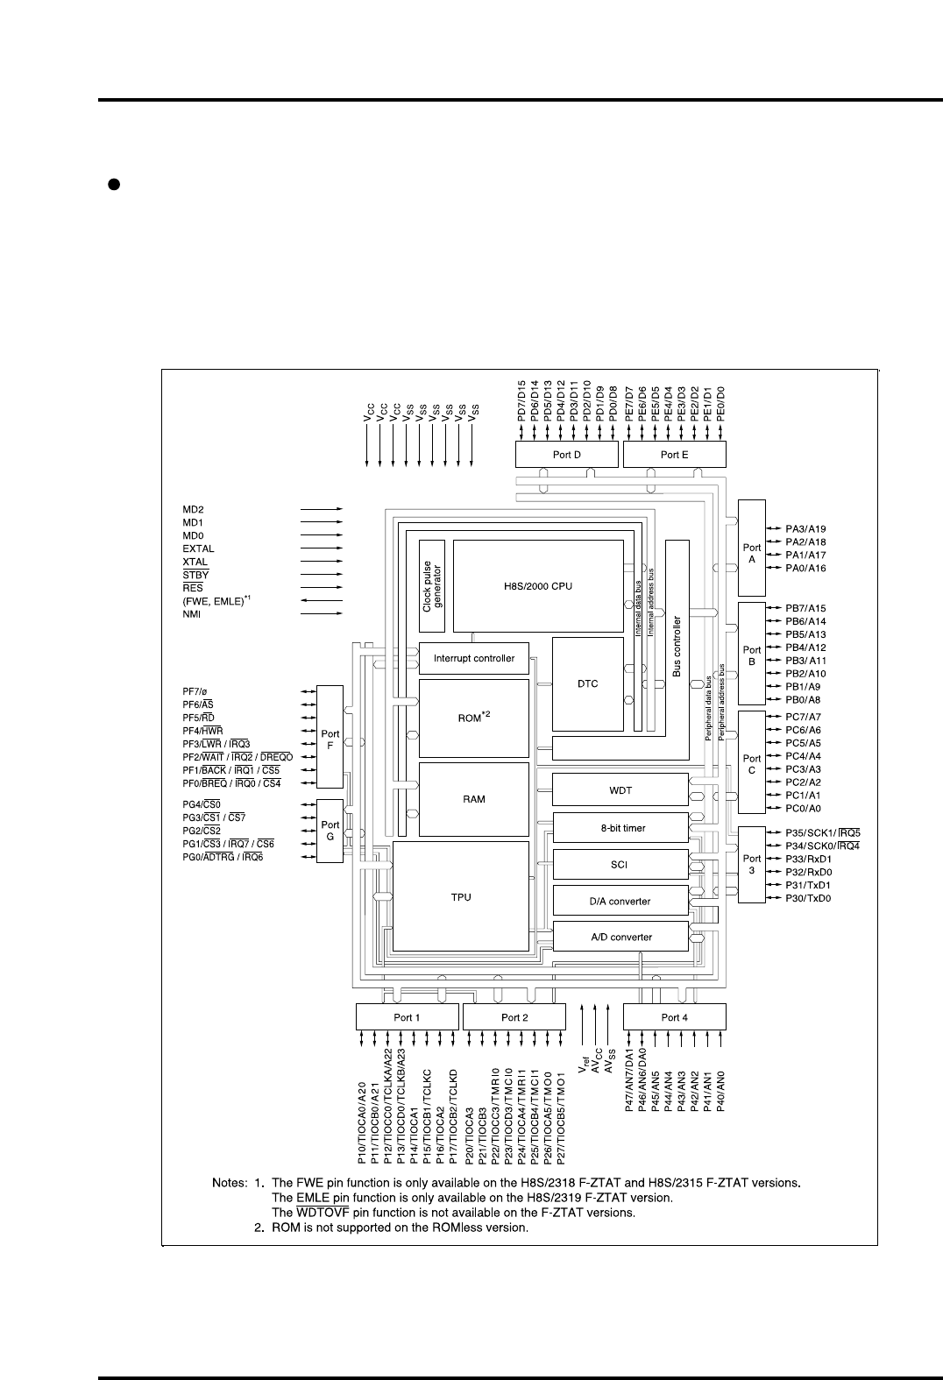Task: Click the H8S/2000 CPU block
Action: click(x=538, y=586)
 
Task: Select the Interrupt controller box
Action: click(x=474, y=659)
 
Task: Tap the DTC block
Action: click(x=587, y=683)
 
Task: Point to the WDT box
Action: click(x=620, y=790)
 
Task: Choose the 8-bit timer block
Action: click(x=620, y=828)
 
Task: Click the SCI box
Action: click(x=620, y=864)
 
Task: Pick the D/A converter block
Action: click(x=620, y=901)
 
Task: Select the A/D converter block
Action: click(x=620, y=937)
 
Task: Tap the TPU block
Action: click(x=461, y=897)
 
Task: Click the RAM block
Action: click(x=474, y=799)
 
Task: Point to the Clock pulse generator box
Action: click(x=432, y=586)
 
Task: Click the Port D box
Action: click(x=567, y=455)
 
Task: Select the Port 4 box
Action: click(x=674, y=1017)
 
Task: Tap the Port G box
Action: click(x=330, y=832)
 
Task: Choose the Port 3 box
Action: click(x=752, y=864)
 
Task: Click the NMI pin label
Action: click(x=192, y=614)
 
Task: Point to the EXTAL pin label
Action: click(x=198, y=548)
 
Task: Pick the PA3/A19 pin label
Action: click(x=805, y=528)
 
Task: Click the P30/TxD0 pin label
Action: click(x=808, y=898)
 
